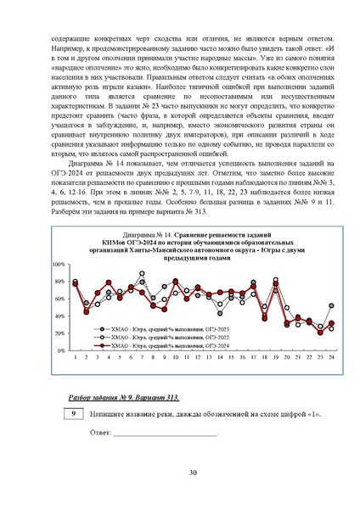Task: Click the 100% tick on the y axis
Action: point(59,266)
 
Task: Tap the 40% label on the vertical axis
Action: point(61,316)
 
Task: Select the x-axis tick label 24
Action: point(330,356)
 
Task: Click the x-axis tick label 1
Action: point(76,356)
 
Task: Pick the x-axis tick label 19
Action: point(275,356)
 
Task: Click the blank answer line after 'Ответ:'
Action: point(166,433)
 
